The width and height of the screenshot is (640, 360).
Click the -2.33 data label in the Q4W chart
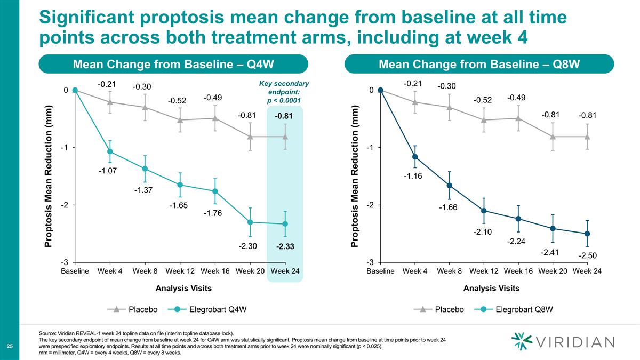(x=285, y=247)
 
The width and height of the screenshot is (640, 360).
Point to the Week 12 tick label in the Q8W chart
(x=483, y=271)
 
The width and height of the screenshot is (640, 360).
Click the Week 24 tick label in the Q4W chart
(x=285, y=271)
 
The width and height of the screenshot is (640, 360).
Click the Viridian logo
(x=563, y=341)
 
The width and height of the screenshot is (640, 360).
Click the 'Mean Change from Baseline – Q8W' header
(x=479, y=65)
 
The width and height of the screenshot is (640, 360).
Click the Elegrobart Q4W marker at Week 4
(x=110, y=151)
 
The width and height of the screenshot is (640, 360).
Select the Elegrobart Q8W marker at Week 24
(x=587, y=234)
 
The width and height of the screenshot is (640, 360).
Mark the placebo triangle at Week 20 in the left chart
(x=250, y=137)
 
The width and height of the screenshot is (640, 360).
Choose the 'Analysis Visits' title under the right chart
(x=491, y=289)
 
